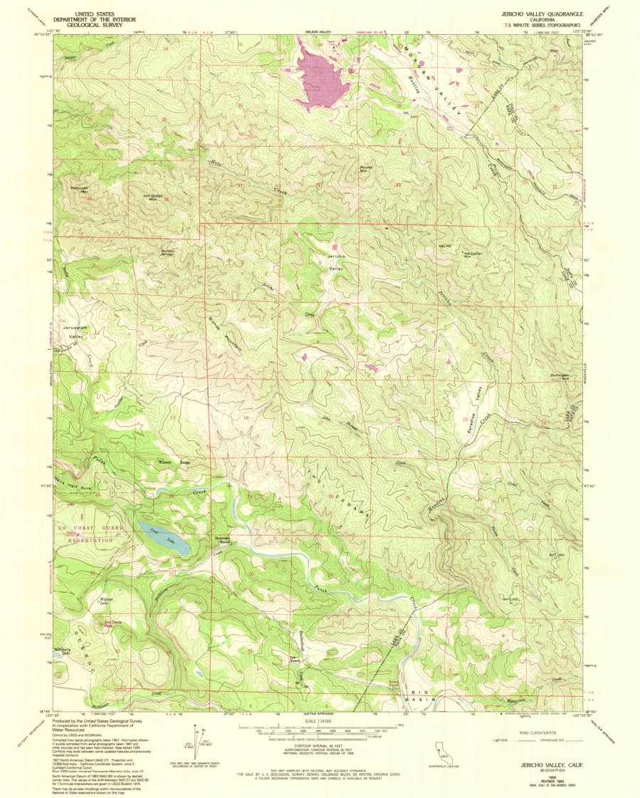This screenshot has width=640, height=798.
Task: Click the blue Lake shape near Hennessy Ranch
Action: [x=164, y=538]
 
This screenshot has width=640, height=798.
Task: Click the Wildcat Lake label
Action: [x=107, y=602]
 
